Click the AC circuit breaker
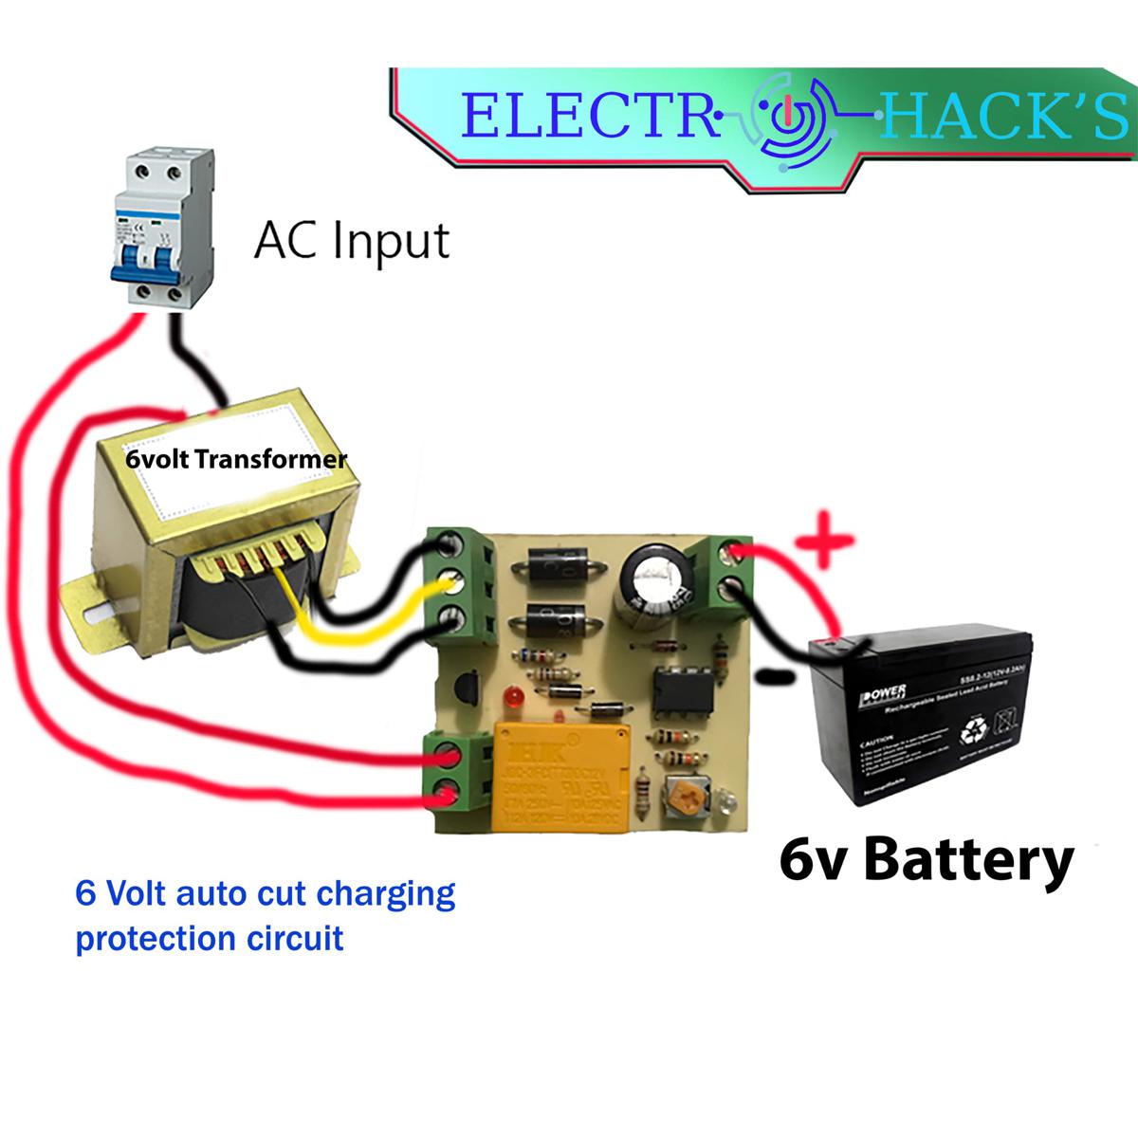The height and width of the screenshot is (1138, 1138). point(157,228)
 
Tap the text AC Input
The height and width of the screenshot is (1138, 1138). point(351,241)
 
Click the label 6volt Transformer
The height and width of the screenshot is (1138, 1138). point(236,460)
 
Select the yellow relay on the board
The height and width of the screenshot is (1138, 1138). point(557,778)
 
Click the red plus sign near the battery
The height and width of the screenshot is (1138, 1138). point(823,544)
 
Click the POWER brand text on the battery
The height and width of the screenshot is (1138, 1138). point(883,694)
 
